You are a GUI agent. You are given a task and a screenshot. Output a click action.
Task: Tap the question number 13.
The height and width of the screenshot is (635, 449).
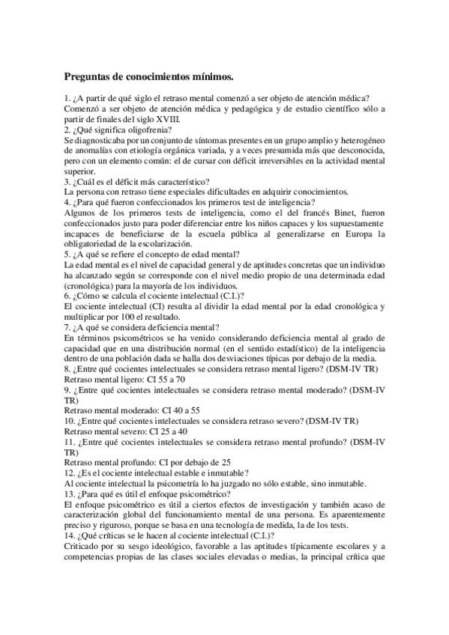pos(70,493)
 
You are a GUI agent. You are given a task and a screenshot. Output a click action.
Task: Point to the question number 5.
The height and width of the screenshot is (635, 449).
pos(67,254)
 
